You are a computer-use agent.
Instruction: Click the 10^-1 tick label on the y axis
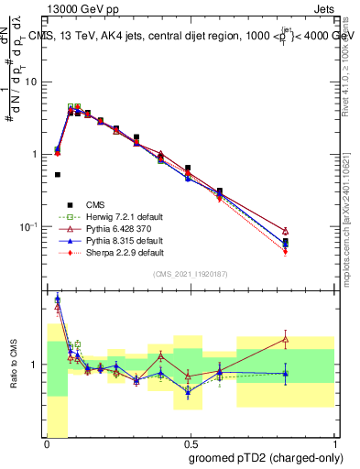coord(31,225)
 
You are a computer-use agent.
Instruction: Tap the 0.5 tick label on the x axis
coord(190,442)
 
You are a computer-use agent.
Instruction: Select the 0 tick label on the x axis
coord(47,442)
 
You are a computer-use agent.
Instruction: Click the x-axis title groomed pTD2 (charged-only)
coord(258,457)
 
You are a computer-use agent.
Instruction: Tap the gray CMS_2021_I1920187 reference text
coord(191,274)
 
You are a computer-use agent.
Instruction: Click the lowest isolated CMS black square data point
coord(58,174)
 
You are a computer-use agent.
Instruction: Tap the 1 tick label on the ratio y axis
coord(36,365)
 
